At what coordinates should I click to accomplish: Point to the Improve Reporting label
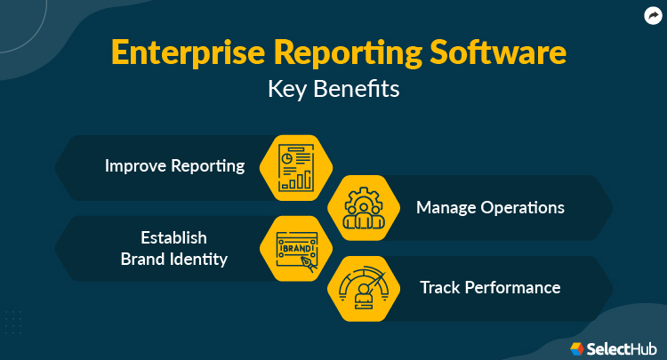point(174,166)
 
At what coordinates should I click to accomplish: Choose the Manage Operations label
point(490,207)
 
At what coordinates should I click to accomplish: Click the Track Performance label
point(490,288)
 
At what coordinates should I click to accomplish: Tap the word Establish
point(173,237)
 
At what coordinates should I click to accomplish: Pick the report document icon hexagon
point(296,166)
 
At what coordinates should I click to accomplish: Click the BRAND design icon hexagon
point(296,248)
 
